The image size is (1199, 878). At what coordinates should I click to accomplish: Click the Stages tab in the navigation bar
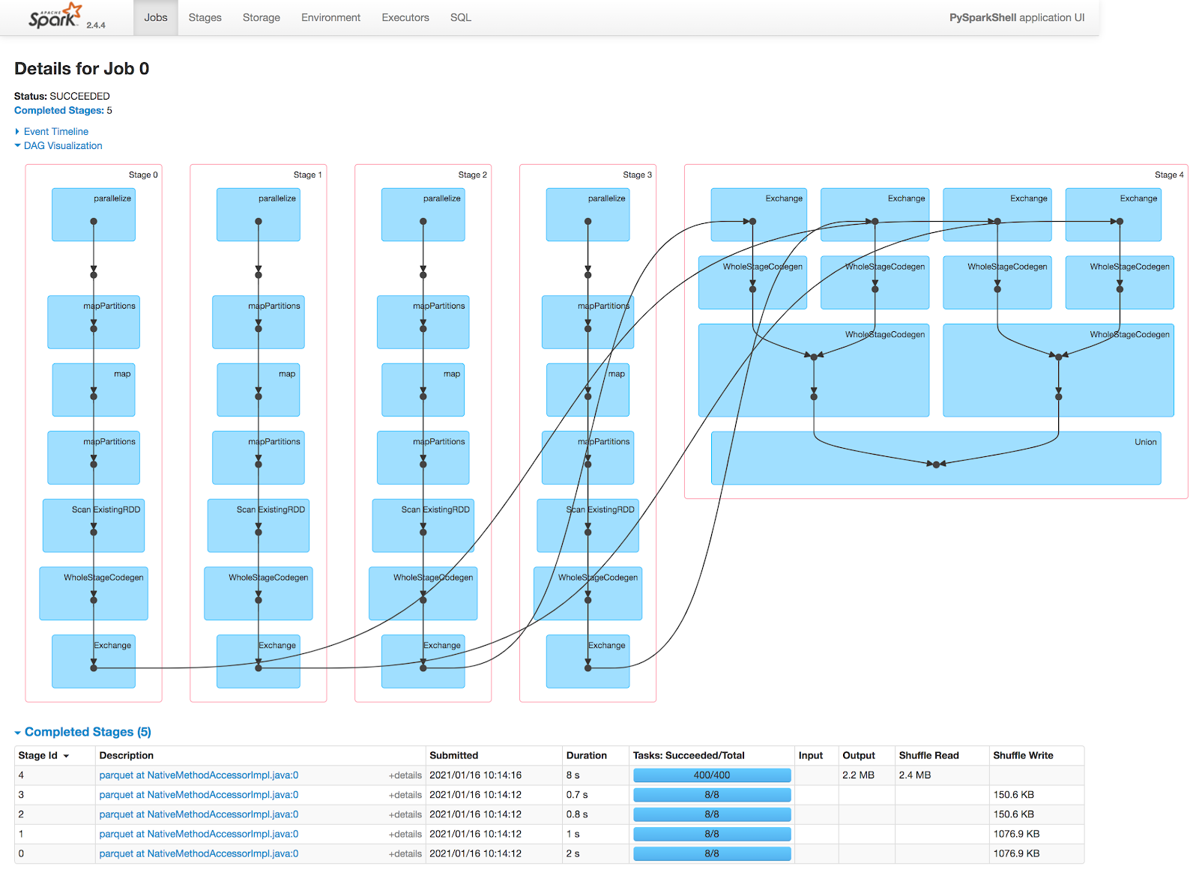coord(205,18)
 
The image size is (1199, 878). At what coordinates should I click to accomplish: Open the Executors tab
coord(405,18)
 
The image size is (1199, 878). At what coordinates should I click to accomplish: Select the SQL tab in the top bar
coord(461,18)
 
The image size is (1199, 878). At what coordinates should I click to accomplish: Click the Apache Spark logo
coord(55,16)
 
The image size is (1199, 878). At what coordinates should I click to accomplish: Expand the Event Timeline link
coord(55,132)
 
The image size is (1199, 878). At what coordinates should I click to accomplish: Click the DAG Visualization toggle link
coord(63,146)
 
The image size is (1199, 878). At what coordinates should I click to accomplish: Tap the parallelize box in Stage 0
coord(94,214)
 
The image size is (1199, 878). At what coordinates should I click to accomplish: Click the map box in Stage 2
coord(423,390)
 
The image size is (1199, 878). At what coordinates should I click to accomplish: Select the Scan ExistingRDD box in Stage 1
coord(259,526)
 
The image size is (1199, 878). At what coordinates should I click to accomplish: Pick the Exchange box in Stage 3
coord(588,661)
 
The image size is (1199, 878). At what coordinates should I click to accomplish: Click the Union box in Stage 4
coord(937,458)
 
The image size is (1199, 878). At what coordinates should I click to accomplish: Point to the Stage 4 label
coord(1169,175)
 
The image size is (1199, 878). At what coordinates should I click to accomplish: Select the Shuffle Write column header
coord(1024,756)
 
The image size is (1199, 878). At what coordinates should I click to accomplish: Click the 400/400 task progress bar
coord(713,775)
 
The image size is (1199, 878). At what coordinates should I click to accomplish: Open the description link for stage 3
coord(199,795)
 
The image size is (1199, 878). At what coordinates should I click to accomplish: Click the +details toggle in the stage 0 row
coord(405,854)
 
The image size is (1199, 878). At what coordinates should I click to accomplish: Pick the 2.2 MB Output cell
coord(859,775)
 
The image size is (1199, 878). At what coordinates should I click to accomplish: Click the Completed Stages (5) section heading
coord(88,732)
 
